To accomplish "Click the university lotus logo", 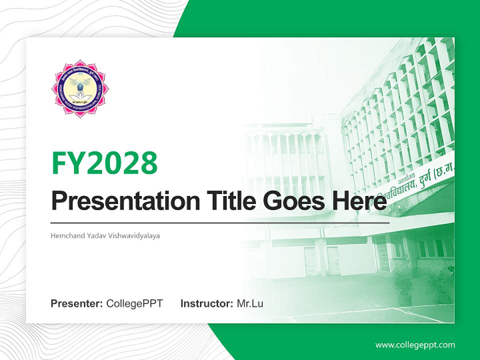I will click(80, 88).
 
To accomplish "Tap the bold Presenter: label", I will click(77, 303).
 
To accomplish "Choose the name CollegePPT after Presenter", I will click(134, 303).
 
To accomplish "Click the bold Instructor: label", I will click(206, 303).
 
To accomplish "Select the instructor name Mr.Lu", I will click(250, 303).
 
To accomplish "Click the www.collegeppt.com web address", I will click(415, 344).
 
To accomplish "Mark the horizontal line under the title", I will click(220, 222).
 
